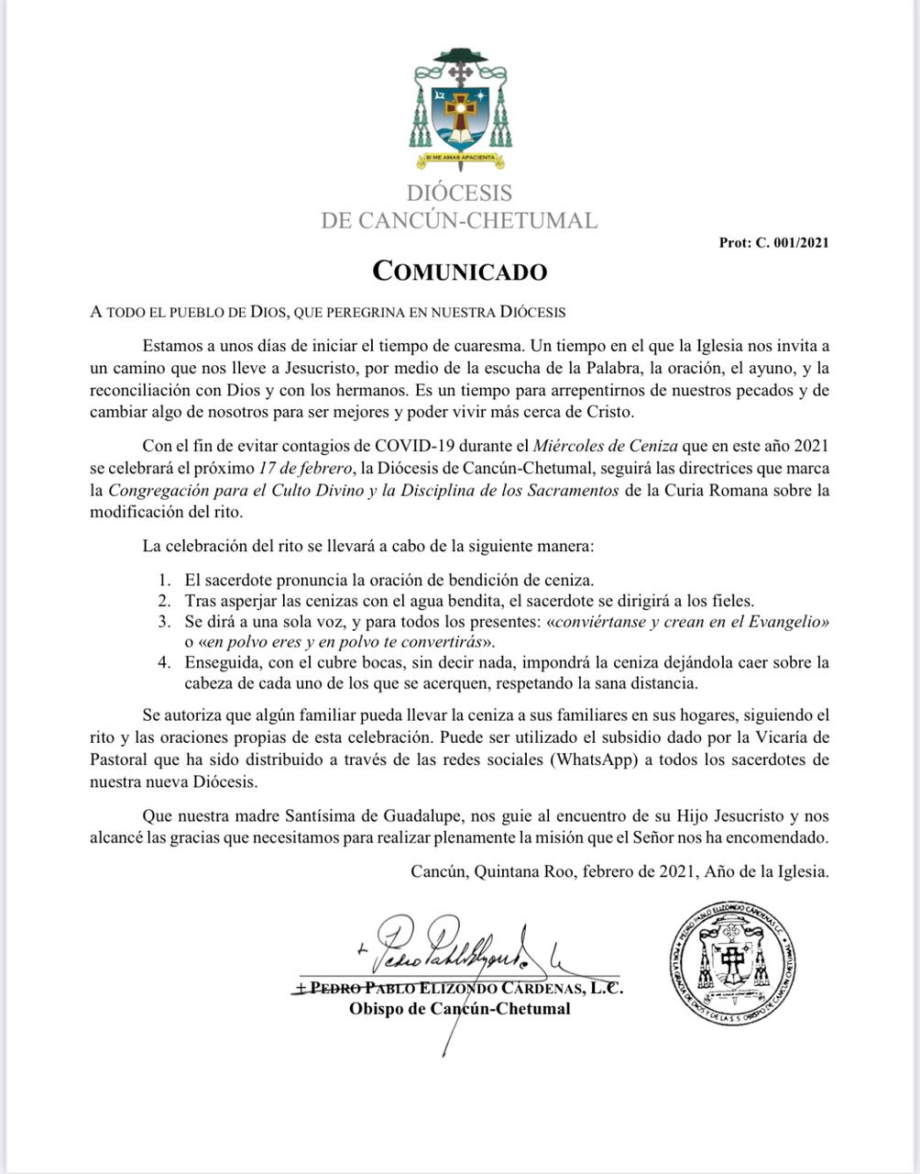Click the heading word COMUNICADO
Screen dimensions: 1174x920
point(459,271)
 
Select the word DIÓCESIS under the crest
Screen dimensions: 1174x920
point(459,194)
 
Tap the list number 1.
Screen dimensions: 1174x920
point(164,580)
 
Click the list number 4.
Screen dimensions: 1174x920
point(164,662)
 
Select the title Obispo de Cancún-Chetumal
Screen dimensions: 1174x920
point(459,1009)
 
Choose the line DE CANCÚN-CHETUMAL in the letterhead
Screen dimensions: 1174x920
point(459,220)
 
